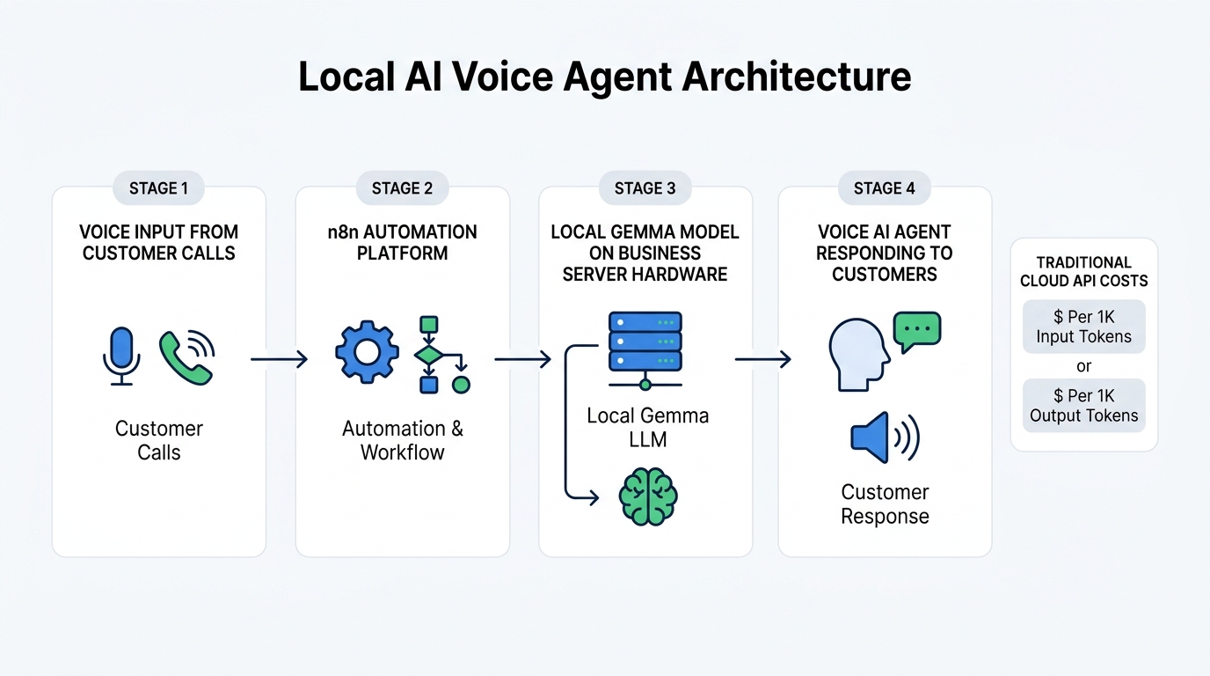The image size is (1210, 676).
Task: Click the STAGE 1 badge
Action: [158, 188]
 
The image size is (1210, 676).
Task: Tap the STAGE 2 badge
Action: [402, 188]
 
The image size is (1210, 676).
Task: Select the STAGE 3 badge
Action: [645, 188]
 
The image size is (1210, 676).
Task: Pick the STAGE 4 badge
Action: [884, 188]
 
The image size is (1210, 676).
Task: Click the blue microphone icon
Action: [121, 356]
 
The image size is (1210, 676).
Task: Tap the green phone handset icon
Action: [186, 356]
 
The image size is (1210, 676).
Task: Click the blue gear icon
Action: [367, 353]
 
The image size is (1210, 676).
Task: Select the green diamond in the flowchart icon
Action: [429, 355]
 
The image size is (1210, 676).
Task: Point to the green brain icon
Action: [648, 497]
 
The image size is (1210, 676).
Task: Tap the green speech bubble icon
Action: [916, 330]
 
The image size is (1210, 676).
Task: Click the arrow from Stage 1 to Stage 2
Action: [280, 359]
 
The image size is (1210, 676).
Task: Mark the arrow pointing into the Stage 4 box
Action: [762, 359]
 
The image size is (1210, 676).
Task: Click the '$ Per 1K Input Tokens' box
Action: [1083, 327]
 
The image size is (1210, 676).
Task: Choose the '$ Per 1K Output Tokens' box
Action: [1083, 406]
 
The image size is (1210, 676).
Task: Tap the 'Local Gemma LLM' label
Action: [647, 427]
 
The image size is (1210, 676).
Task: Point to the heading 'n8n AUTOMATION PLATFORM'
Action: [402, 242]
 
